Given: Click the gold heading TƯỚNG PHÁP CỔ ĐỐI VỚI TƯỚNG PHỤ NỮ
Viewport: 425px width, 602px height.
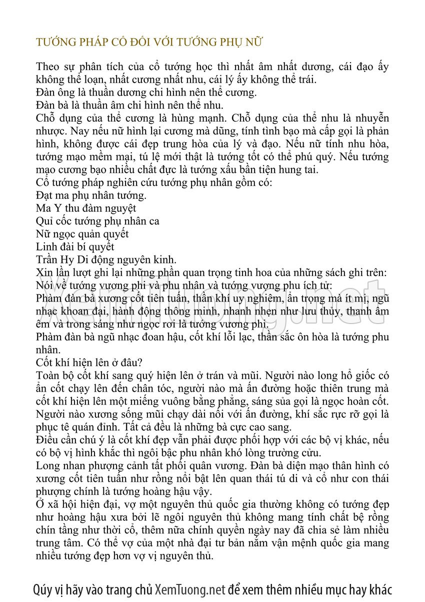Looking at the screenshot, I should tap(150, 42).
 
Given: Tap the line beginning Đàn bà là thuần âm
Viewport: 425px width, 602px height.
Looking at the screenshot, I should tap(130, 105).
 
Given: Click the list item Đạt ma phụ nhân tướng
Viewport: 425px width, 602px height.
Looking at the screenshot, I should tap(91, 195).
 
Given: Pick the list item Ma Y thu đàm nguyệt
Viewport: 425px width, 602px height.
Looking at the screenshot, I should tap(86, 208).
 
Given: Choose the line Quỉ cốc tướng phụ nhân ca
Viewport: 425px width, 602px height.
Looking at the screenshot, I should tap(98, 221).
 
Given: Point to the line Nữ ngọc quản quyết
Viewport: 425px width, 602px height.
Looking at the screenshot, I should tap(82, 234).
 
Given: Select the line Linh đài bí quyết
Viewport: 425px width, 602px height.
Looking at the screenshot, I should tap(75, 247).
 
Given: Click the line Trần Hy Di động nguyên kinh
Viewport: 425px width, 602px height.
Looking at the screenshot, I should tap(106, 259).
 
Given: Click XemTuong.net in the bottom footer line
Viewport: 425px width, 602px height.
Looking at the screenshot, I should tap(190, 589).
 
